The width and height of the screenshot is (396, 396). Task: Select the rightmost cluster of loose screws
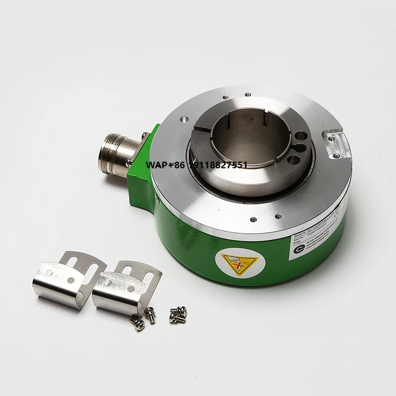(x=177, y=314)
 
